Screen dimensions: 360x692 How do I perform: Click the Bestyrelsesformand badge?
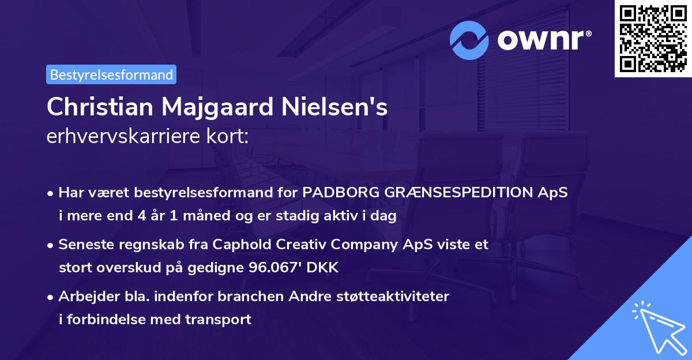click(x=111, y=74)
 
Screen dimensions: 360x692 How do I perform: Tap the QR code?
click(x=653, y=39)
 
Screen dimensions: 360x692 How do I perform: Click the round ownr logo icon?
click(x=470, y=40)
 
